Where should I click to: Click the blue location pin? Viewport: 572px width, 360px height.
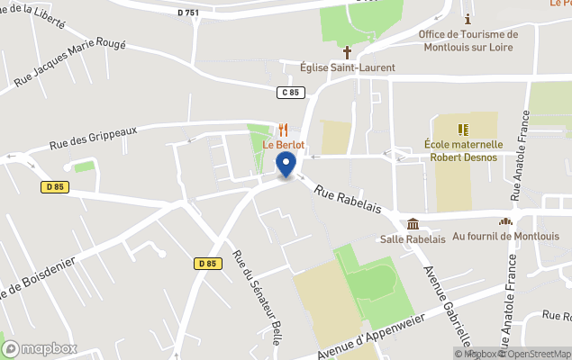pyautogui.click(x=286, y=165)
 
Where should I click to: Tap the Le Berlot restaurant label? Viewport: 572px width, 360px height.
pyautogui.click(x=284, y=145)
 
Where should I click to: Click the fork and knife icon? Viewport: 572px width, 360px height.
pyautogui.click(x=284, y=130)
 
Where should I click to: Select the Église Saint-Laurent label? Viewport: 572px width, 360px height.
pyautogui.click(x=348, y=67)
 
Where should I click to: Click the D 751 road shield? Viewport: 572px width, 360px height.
pyautogui.click(x=186, y=13)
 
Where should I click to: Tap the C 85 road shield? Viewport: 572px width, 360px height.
pyautogui.click(x=288, y=92)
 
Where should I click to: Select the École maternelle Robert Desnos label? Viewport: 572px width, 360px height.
pyautogui.click(x=463, y=148)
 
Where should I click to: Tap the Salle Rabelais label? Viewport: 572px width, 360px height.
pyautogui.click(x=413, y=238)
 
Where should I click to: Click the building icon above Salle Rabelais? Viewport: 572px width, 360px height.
pyautogui.click(x=413, y=223)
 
